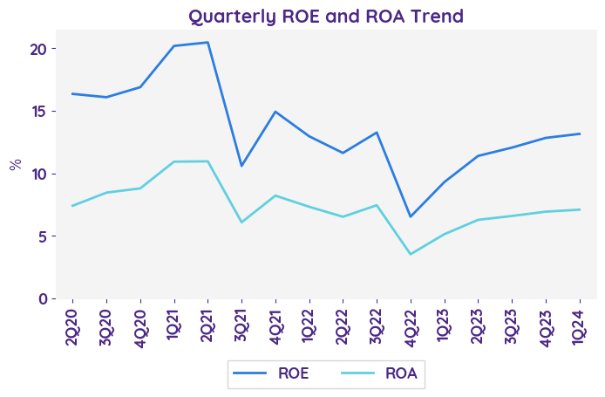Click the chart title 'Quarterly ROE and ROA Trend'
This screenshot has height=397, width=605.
point(326,16)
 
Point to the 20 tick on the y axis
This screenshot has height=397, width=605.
point(36,49)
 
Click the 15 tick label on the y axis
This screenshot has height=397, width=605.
point(36,112)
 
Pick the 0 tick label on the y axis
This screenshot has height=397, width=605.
point(40,298)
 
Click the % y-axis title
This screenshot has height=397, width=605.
point(15,164)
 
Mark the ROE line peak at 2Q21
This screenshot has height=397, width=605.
point(207,42)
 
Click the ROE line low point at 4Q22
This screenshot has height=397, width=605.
point(411,216)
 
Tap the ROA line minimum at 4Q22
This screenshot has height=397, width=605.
point(411,254)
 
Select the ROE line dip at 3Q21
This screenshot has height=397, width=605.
point(241,166)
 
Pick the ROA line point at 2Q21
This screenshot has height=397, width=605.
point(207,161)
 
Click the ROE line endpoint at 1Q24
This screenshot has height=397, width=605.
point(580,133)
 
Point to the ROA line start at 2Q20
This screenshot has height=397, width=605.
point(71,206)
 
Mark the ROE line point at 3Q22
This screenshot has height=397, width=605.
point(377,133)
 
